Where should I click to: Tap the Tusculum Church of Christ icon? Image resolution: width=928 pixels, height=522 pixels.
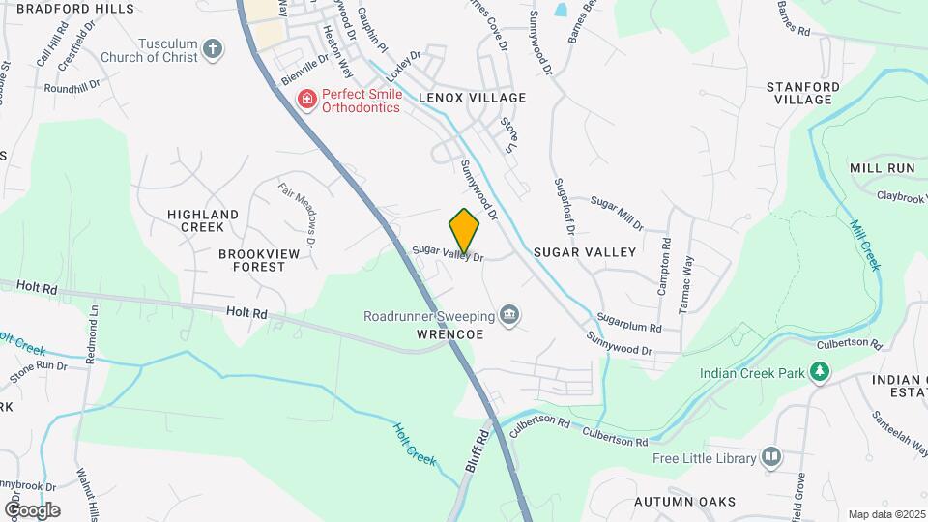(213, 48)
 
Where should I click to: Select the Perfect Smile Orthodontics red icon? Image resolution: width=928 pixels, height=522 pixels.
(306, 100)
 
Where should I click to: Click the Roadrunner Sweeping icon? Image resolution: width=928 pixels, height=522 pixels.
(509, 315)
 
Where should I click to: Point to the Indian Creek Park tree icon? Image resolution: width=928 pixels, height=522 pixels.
(820, 370)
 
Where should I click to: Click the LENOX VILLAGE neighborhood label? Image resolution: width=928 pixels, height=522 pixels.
(472, 98)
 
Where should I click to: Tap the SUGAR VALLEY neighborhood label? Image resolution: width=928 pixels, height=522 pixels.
(585, 252)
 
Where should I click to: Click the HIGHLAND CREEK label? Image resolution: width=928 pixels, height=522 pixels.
(203, 220)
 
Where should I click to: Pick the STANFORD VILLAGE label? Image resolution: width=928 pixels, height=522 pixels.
(798, 93)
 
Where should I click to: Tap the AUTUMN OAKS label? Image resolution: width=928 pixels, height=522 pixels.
(684, 502)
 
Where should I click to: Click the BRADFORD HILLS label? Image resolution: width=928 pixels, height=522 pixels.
(61, 8)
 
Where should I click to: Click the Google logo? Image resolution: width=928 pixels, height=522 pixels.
(32, 509)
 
